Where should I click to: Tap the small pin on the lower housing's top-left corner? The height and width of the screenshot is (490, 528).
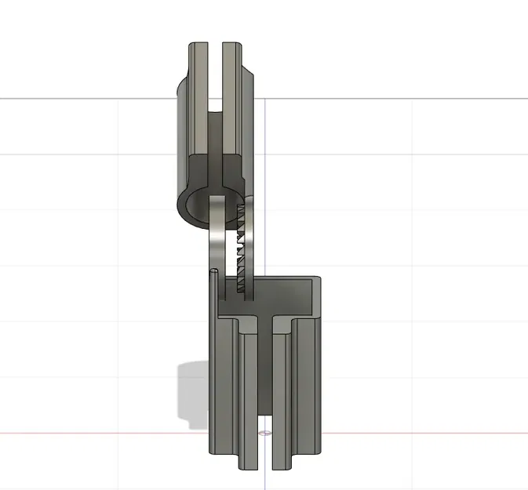pyautogui.click(x=214, y=273)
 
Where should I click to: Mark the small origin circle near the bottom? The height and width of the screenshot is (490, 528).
pyautogui.click(x=264, y=431)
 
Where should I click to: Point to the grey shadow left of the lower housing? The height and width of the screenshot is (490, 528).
pyautogui.click(x=192, y=392)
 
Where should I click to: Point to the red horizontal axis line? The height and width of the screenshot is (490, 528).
pyautogui.click(x=432, y=432)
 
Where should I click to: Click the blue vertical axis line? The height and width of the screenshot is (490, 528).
pyautogui.click(x=265, y=157)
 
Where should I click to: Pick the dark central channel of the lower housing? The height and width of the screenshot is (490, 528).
pyautogui.click(x=265, y=376)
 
